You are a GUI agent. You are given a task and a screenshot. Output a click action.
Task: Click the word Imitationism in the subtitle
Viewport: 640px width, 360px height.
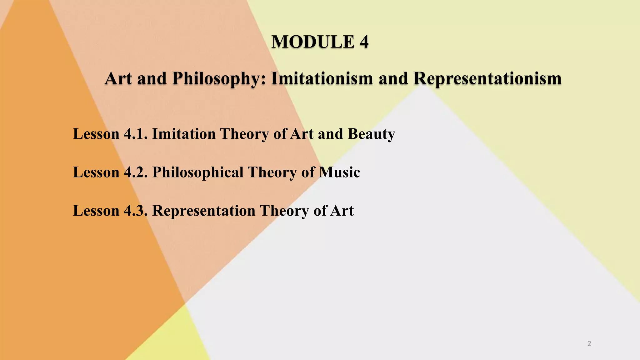tap(322, 78)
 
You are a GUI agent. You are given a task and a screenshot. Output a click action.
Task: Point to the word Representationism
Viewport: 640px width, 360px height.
tap(487, 78)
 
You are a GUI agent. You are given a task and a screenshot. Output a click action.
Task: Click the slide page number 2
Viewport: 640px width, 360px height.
tap(589, 344)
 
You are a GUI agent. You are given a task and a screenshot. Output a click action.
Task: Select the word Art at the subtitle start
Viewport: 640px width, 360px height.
tap(118, 78)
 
